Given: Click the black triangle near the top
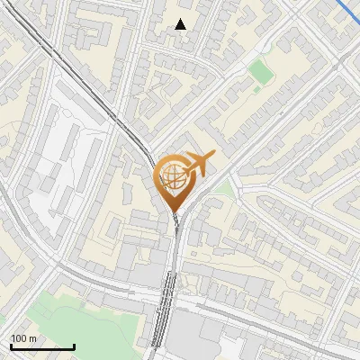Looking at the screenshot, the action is [x=181, y=24].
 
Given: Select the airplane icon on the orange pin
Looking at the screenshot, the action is [x=197, y=164].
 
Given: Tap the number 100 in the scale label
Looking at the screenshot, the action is [x=20, y=338].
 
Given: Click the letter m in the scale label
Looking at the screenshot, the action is [x=33, y=338].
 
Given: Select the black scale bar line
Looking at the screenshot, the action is [x=42, y=347].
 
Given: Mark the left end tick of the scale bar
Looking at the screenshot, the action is [x=11, y=346].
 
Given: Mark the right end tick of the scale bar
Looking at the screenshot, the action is [x=74, y=346].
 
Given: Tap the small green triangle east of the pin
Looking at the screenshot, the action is [x=220, y=189].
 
